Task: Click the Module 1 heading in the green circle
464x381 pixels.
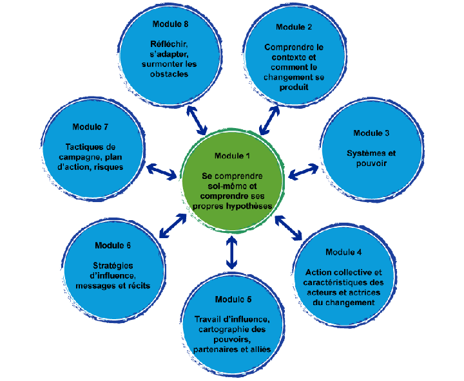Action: coord(231,156)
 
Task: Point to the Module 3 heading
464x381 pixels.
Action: coord(371,133)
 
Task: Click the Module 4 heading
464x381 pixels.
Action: coord(343,252)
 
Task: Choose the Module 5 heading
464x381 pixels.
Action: coord(231,300)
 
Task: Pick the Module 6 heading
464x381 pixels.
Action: coord(113,245)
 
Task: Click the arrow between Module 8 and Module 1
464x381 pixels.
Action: coord(197,120)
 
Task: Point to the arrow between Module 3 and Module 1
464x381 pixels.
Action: coord(303,171)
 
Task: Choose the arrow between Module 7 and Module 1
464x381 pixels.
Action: coord(162,171)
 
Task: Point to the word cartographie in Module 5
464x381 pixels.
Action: coord(218,330)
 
